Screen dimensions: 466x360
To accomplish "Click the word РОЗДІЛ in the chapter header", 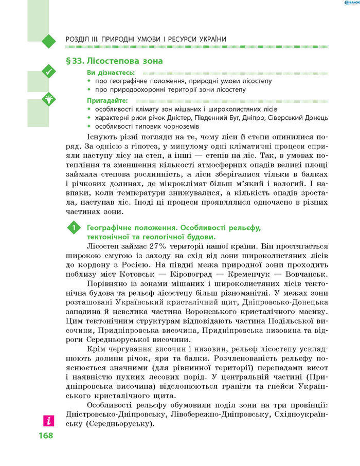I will click(79, 39).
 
